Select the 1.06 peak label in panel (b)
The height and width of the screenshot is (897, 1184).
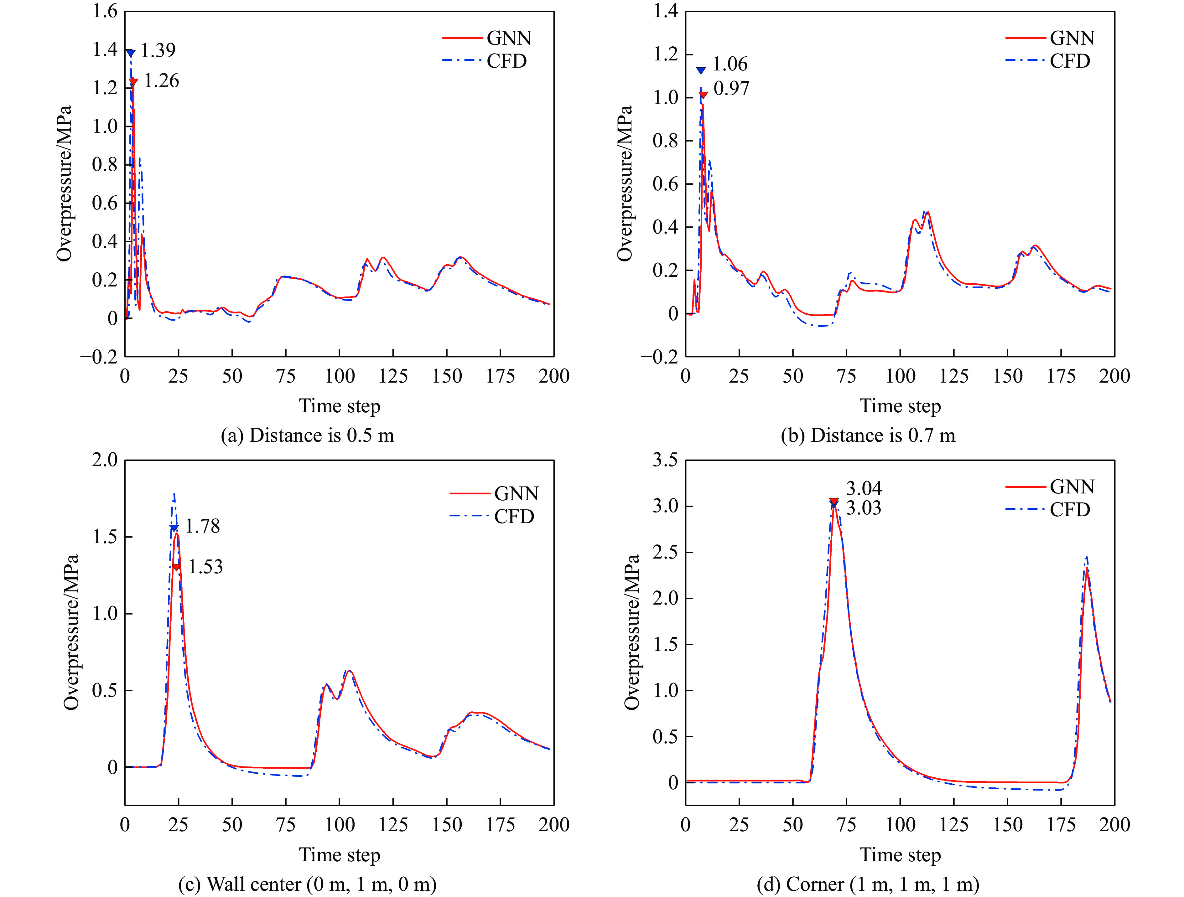730,64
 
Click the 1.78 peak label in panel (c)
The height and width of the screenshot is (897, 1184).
202,526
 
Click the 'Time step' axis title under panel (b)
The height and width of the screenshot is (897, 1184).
900,406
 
